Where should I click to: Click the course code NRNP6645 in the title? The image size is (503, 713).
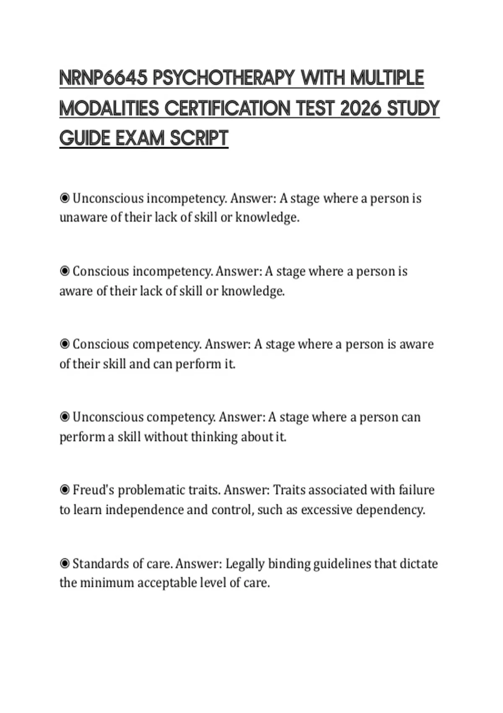pos(103,78)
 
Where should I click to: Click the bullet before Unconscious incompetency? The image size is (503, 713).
pos(65,198)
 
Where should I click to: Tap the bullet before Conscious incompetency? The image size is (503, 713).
pos(65,271)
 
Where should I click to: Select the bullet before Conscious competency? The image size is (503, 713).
pos(65,344)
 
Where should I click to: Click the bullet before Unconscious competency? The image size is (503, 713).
pos(65,417)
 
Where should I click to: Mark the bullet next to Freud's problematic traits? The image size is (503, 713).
pos(65,490)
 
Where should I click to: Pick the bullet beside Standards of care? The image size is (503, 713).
pos(65,563)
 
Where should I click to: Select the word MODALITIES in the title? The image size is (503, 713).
pos(109,109)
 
